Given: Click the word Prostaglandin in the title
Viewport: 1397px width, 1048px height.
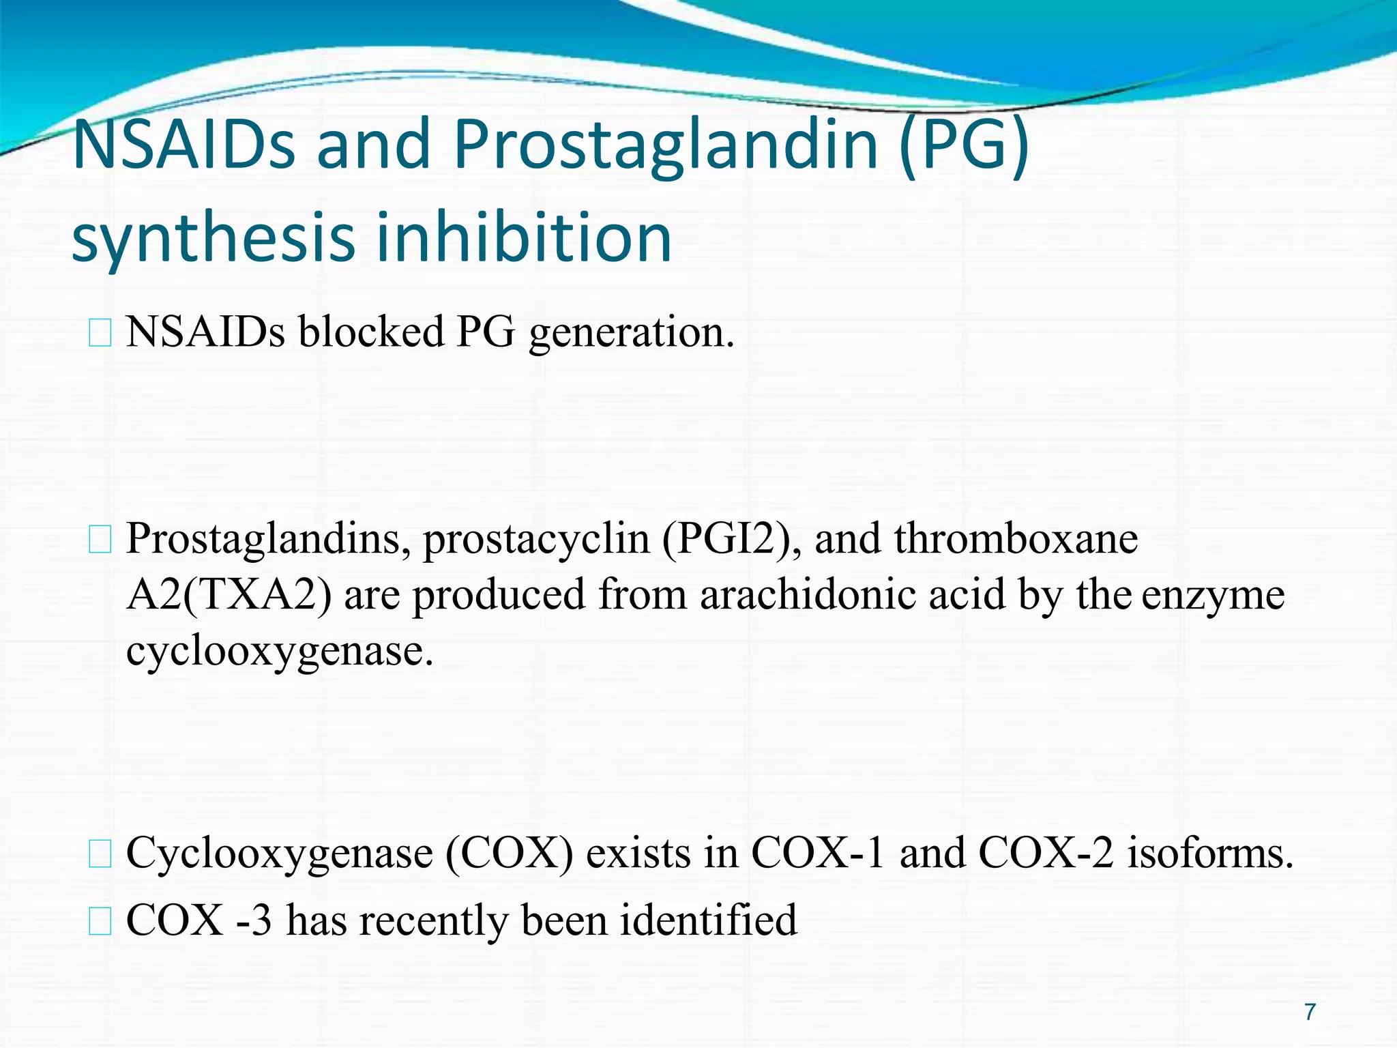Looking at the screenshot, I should pyautogui.click(x=666, y=145).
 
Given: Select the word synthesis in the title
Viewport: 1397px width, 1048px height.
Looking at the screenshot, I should pyautogui.click(x=214, y=237).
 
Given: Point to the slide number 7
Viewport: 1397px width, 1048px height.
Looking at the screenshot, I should pyautogui.click(x=1310, y=1011).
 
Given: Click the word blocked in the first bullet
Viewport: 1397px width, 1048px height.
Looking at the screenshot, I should pyautogui.click(x=371, y=332).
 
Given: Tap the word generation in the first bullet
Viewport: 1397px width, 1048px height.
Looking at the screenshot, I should pyautogui.click(x=631, y=334).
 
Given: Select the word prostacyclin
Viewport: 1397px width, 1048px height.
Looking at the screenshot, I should pyautogui.click(x=536, y=539).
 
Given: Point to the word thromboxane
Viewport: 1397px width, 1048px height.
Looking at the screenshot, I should pyautogui.click(x=1016, y=539).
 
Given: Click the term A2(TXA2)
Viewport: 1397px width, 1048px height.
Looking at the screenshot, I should pyautogui.click(x=229, y=595).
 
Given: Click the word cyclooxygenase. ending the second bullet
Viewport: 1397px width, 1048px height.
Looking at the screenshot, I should pyautogui.click(x=280, y=652).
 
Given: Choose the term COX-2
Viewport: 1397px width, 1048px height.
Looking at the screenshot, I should pyautogui.click(x=1046, y=854).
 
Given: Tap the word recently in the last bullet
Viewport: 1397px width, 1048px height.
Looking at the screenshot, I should pyautogui.click(x=434, y=921).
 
